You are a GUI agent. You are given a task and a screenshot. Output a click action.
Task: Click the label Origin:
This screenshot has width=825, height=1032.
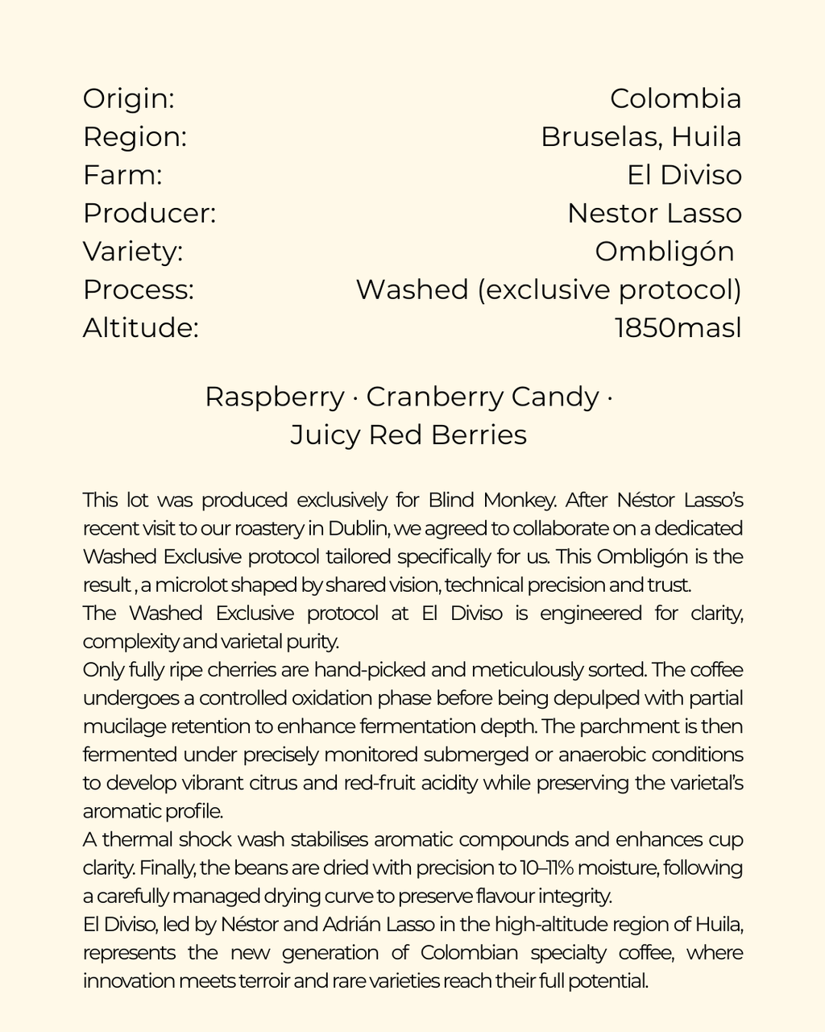(129, 99)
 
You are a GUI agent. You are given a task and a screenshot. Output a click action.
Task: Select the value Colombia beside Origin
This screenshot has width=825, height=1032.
(675, 99)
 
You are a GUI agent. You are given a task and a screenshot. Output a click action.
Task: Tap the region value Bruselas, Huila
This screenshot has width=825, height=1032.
(641, 137)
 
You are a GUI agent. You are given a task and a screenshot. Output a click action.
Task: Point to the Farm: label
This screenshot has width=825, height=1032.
(122, 175)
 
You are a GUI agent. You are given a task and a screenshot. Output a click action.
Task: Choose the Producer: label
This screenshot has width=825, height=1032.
(149, 214)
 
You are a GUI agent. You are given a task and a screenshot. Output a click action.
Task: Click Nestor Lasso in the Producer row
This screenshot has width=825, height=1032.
(653, 214)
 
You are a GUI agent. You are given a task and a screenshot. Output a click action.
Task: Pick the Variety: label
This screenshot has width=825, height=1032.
(133, 252)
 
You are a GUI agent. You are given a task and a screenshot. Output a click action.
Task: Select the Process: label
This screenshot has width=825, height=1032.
(139, 289)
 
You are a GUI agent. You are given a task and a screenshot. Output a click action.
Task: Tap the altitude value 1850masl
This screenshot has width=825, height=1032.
(677, 328)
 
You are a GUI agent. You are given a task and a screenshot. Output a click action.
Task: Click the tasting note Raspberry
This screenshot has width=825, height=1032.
(274, 397)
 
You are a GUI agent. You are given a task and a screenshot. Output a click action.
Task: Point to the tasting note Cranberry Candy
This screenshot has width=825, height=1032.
(483, 397)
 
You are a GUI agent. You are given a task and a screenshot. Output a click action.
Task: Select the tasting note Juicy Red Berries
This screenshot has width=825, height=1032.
(408, 435)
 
